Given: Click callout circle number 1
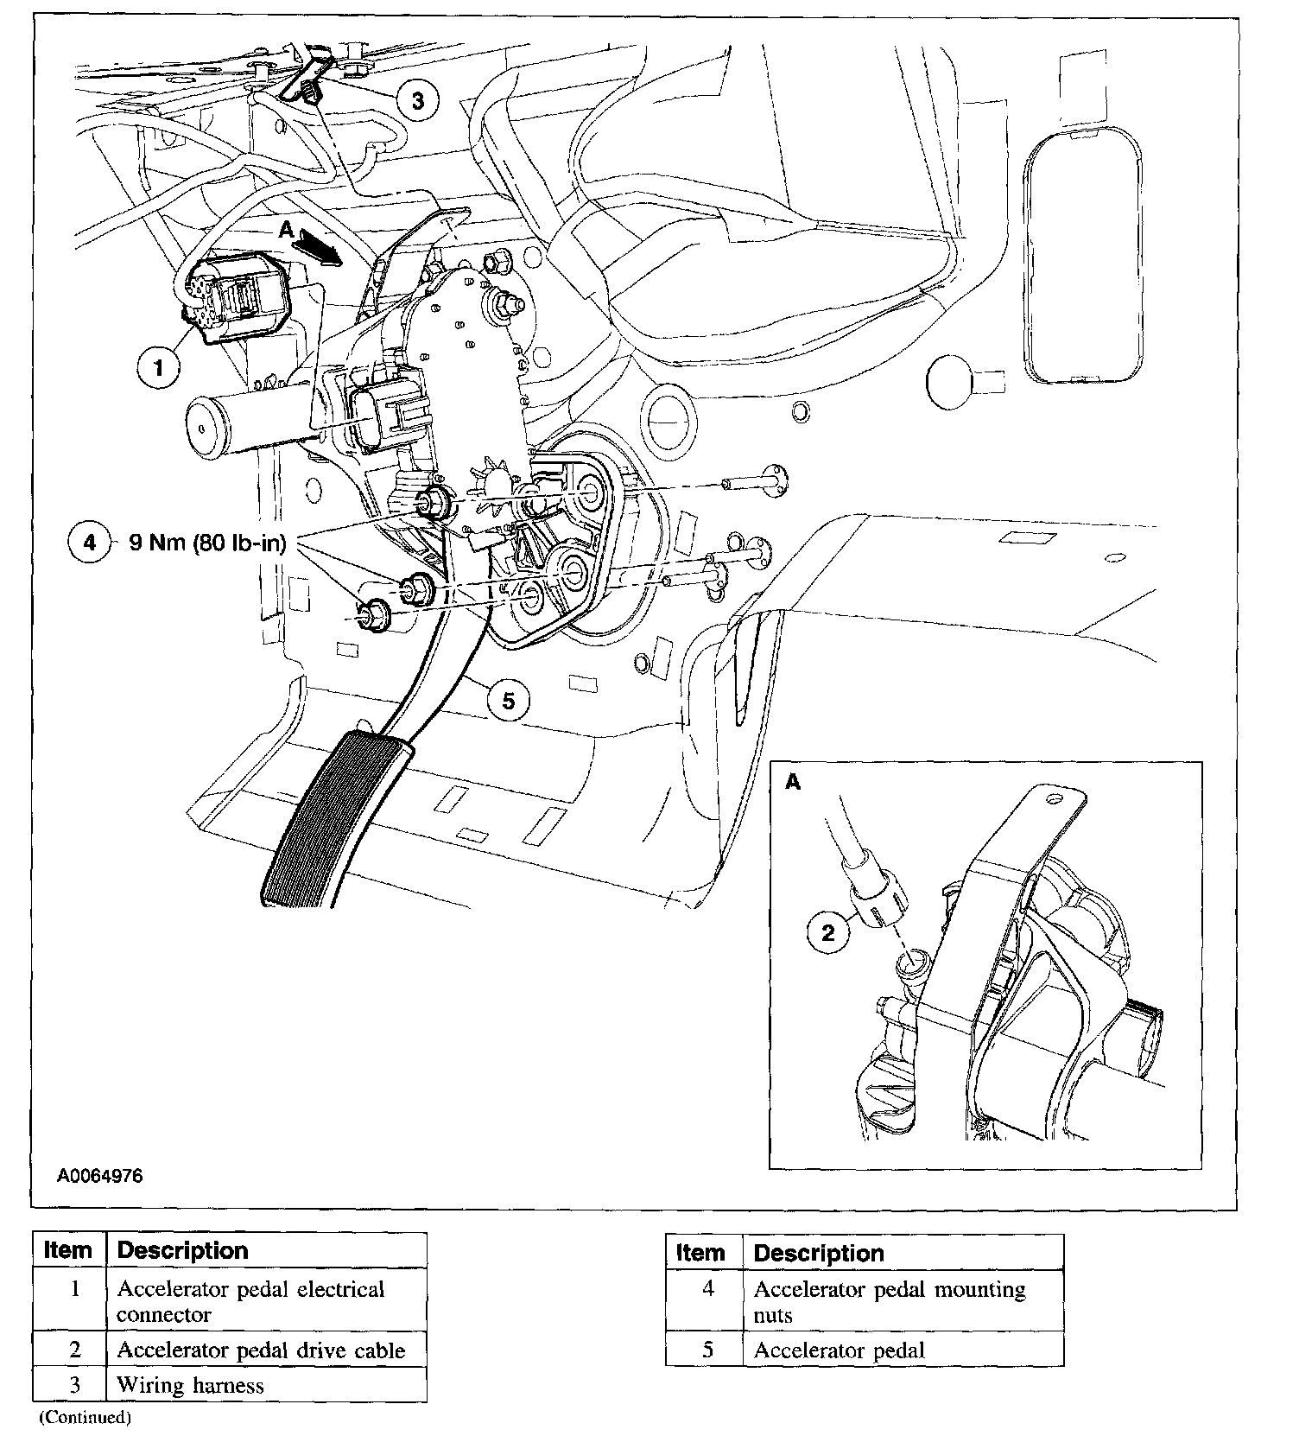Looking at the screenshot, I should click(158, 369).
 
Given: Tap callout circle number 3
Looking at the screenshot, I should click(417, 101).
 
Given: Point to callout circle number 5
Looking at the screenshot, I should click(508, 701).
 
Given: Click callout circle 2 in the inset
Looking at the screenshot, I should click(828, 932).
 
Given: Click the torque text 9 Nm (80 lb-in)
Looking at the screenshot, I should click(207, 543).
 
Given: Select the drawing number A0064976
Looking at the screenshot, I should click(100, 1176).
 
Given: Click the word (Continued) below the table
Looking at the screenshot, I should click(85, 1417).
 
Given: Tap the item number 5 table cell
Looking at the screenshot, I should click(707, 1350).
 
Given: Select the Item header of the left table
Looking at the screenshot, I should click(68, 1250).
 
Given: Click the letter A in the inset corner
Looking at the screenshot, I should click(793, 782).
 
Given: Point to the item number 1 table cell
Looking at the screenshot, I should click(73, 1289).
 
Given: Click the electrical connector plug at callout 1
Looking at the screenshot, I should click(235, 300).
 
